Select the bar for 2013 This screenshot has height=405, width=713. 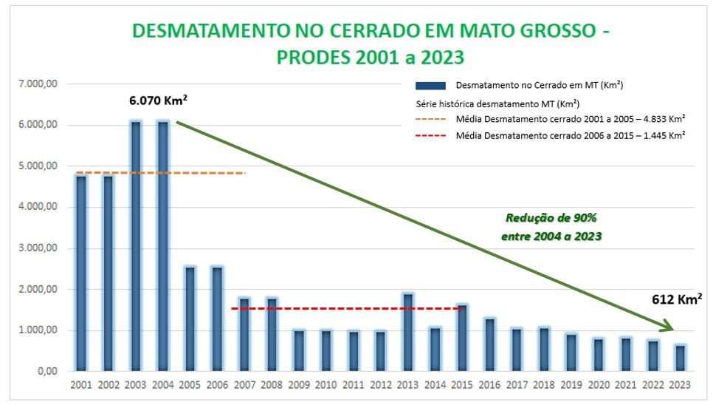pyautogui.click(x=407, y=332)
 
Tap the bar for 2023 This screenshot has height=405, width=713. pyautogui.click(x=679, y=358)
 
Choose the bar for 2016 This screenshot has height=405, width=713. pyautogui.click(x=489, y=344)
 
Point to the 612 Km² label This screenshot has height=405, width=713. pyautogui.click(x=676, y=299)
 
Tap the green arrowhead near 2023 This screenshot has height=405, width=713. pyautogui.click(x=666, y=327)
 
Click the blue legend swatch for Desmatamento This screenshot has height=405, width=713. pyautogui.click(x=430, y=86)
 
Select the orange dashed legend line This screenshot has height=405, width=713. pyautogui.click(x=430, y=119)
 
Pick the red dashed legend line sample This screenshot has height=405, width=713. pyautogui.click(x=430, y=136)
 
